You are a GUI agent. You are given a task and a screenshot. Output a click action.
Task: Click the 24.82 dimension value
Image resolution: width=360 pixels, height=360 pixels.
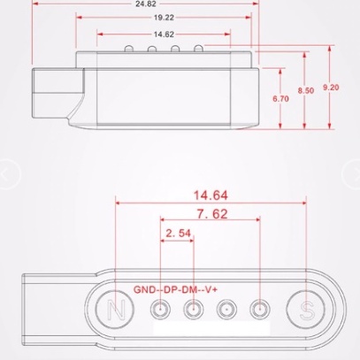(146, 4)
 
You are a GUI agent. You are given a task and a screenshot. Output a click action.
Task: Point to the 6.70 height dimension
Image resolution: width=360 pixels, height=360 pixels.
(280, 98)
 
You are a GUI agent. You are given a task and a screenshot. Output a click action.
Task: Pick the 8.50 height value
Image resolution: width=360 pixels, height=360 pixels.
(305, 90)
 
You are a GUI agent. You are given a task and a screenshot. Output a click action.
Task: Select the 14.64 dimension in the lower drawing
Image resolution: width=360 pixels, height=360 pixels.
(211, 195)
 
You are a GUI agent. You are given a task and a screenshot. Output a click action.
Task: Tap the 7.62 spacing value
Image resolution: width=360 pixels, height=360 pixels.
(211, 215)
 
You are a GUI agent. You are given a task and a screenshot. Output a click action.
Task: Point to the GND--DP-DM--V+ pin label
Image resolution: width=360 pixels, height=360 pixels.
(180, 289)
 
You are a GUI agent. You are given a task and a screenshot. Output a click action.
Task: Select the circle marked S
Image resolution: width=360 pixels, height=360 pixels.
(307, 310)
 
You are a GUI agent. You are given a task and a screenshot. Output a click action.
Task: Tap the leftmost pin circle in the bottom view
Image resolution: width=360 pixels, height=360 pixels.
(161, 310)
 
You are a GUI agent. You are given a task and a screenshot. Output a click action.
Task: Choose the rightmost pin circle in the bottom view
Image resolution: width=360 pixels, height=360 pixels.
(259, 310)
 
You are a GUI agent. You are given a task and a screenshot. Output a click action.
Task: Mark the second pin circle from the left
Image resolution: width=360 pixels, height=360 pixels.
(194, 310)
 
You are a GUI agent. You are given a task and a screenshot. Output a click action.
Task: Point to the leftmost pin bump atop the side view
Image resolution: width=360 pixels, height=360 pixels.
(130, 48)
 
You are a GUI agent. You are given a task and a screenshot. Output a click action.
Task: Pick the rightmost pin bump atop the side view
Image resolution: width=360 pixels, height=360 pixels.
(199, 48)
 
